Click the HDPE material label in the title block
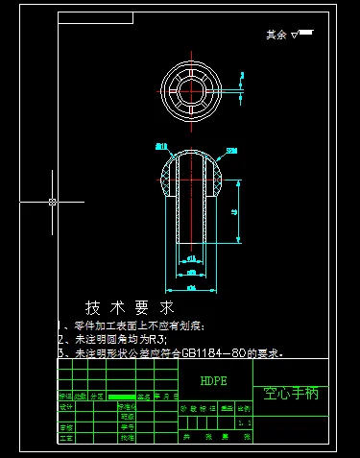[x=214, y=380]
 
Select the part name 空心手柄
[x=292, y=393]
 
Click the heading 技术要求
[x=130, y=308]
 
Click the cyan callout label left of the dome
[x=160, y=146]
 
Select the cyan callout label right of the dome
[x=230, y=150]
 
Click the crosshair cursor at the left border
[x=52, y=202]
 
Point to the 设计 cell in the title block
[x=66, y=406]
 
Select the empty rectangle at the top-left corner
[x=95, y=17]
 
